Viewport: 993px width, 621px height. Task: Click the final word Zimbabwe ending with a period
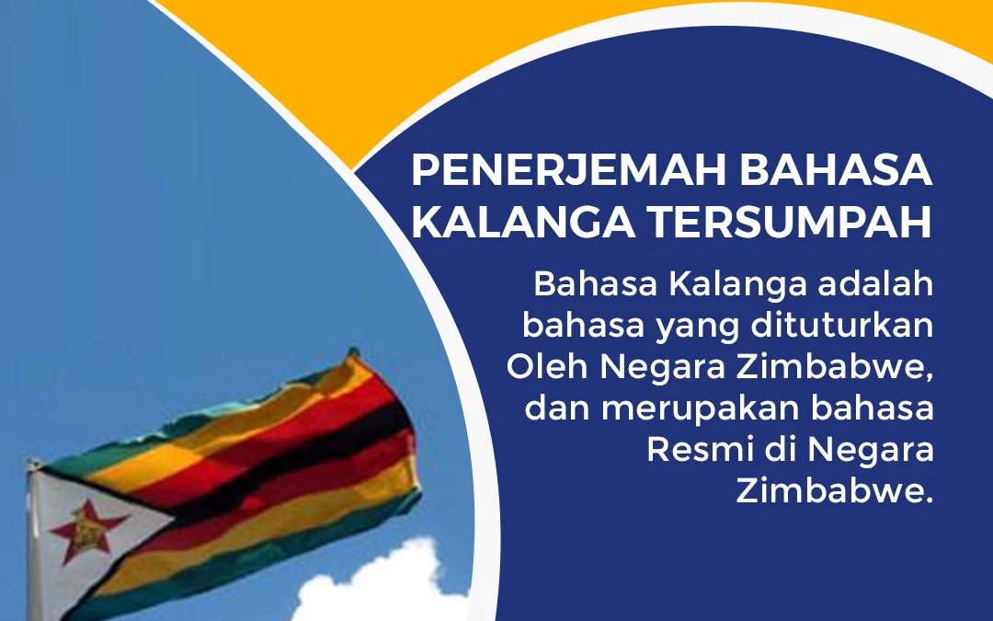pyautogui.click(x=834, y=492)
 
